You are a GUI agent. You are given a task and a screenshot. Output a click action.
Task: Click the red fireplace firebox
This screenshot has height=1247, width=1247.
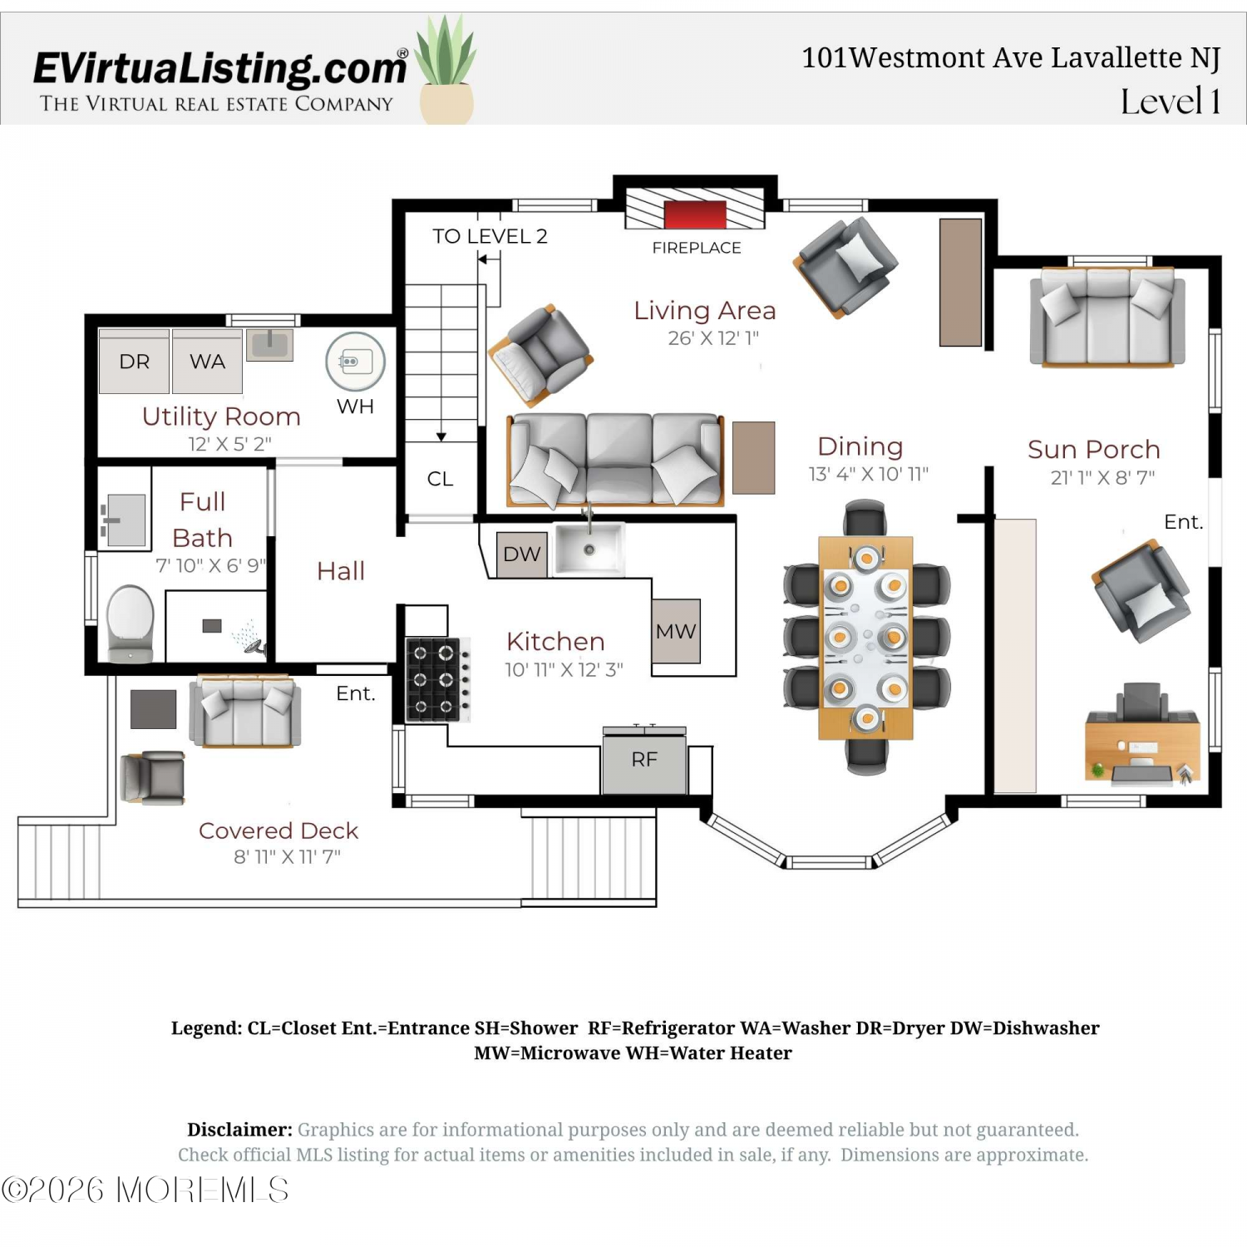pos(695,214)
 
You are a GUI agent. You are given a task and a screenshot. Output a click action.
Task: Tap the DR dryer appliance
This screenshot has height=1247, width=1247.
pos(134,362)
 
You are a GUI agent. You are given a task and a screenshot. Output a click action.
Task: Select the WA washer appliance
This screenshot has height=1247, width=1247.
pos(207,362)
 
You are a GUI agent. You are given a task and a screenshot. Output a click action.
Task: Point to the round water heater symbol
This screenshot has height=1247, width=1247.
pos(356,362)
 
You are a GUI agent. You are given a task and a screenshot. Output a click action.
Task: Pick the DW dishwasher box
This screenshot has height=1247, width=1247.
pos(522,554)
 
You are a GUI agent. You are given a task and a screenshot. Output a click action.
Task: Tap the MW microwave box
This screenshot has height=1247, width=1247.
pos(676,631)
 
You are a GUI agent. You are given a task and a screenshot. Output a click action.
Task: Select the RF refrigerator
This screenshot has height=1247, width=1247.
pos(645,759)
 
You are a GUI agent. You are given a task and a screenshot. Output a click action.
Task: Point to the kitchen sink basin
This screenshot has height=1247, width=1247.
pos(589,549)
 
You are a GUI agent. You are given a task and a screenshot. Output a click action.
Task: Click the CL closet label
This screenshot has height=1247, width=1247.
pos(440,479)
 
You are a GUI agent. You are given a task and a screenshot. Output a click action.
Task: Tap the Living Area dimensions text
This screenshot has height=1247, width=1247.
pos(713,338)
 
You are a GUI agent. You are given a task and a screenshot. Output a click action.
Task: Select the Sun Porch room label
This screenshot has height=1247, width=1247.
pos(1094,450)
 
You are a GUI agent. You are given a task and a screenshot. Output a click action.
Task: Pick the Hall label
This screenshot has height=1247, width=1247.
pos(341,571)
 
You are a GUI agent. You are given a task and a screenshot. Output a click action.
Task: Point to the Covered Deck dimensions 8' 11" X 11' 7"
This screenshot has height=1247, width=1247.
pos(287,856)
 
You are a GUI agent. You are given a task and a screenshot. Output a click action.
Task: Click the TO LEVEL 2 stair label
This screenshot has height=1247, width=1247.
pos(490,236)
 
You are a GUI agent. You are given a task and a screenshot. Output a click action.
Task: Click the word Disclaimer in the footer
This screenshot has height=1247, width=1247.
pos(239,1130)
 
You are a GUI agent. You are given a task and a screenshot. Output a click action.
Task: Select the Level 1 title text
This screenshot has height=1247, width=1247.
pos(1171,101)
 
